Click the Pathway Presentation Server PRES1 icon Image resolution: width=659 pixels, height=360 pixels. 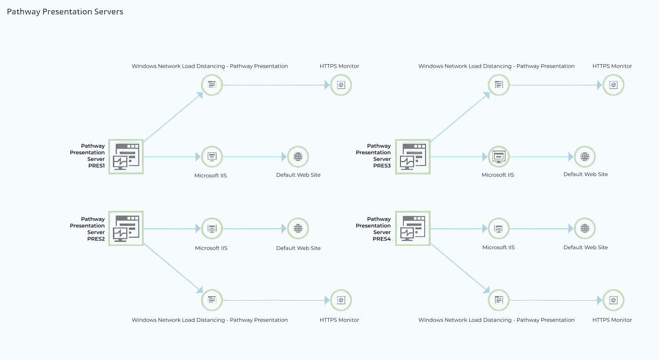click(126, 156)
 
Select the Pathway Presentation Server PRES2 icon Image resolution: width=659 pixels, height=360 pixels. click(126, 228)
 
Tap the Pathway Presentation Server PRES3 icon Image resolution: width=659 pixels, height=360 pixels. click(413, 156)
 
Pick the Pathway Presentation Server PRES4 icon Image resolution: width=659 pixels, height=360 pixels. click(413, 228)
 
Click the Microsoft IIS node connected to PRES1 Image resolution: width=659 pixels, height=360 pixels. click(212, 156)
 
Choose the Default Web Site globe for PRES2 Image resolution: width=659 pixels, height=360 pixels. click(298, 229)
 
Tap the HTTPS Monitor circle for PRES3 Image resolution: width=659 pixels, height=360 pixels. click(613, 85)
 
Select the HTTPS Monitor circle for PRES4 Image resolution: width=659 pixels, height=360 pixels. click(613, 300)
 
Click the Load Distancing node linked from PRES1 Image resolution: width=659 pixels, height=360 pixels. click(212, 85)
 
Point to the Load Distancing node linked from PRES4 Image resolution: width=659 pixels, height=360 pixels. click(499, 300)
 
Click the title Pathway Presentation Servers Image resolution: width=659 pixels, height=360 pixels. click(65, 12)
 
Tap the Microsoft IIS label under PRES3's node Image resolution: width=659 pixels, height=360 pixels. click(498, 175)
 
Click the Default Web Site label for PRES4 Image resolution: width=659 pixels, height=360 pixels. click(586, 247)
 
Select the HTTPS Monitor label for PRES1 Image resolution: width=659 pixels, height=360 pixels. click(339, 66)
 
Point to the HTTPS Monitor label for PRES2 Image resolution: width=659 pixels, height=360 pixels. click(339, 320)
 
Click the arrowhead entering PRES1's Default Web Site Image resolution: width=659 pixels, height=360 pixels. click(284, 156)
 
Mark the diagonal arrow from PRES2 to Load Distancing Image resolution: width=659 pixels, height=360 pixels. click(172, 267)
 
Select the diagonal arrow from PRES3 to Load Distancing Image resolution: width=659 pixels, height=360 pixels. click(460, 117)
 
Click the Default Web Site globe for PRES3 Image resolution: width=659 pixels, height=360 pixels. click(585, 156)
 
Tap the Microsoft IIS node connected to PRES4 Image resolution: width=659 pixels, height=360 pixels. click(499, 229)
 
